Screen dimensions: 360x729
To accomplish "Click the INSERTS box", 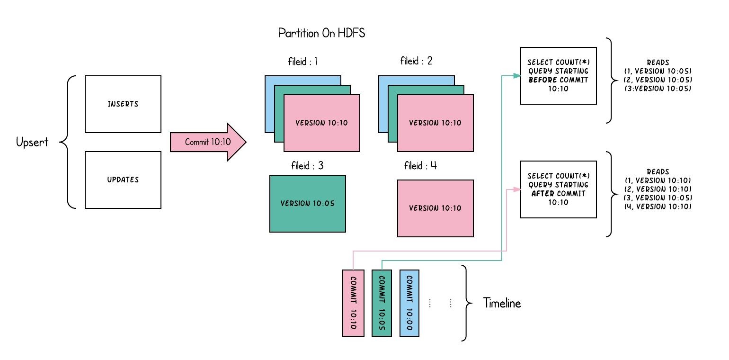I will tap(123, 104).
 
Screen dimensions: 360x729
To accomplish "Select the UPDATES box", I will tap(123, 180).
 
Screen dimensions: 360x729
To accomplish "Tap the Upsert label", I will tap(32, 142).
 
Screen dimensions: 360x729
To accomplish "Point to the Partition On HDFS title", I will tap(322, 34).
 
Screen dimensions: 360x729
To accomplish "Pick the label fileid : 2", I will tap(417, 62).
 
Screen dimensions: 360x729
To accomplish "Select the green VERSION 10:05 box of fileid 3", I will tap(307, 204).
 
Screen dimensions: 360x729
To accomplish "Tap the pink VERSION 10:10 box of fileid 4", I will tap(435, 208).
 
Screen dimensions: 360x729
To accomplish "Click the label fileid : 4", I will tap(420, 166).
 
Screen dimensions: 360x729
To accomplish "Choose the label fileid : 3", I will tap(307, 166).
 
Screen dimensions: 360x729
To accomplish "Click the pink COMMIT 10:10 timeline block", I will tap(353, 303).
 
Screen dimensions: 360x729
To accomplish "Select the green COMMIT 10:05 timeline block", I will tap(382, 303).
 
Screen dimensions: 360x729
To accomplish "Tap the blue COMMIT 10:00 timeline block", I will tap(409, 303).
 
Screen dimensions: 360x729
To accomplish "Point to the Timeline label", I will tap(502, 304).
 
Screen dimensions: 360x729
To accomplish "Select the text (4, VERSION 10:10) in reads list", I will tap(658, 207).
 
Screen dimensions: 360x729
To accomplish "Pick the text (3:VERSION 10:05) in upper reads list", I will tap(658, 89).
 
